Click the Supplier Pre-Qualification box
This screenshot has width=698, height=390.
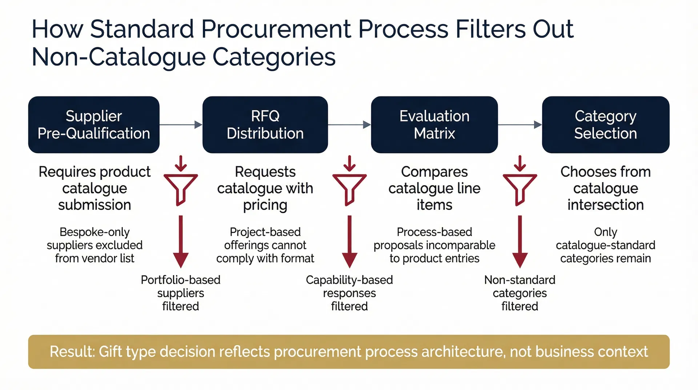[94, 124]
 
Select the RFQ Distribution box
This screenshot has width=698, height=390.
[265, 124]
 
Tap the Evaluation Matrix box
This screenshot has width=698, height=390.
[434, 124]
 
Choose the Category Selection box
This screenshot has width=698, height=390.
[605, 124]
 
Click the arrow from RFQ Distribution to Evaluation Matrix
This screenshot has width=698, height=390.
[349, 125]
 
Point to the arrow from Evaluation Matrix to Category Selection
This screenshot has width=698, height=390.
[520, 125]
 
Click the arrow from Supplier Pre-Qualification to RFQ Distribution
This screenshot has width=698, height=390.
[181, 125]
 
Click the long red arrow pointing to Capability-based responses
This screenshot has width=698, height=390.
[349, 242]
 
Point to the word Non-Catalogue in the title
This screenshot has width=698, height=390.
[119, 57]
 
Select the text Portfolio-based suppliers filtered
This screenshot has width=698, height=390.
[181, 293]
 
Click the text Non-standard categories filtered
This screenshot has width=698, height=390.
[520, 293]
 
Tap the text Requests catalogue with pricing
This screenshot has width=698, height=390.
[265, 188]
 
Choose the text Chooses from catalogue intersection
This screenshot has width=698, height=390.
[605, 188]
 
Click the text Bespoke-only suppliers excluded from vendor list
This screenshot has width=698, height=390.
[95, 245]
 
